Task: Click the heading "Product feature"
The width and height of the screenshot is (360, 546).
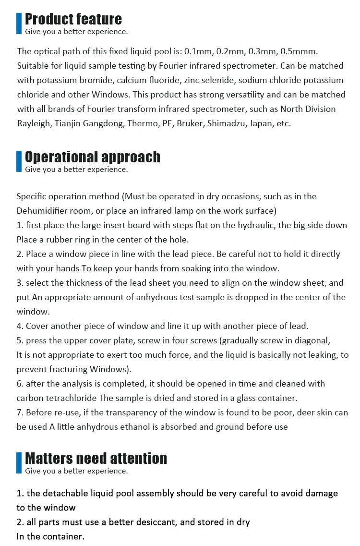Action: click(x=73, y=19)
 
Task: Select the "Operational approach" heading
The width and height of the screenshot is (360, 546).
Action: click(x=93, y=157)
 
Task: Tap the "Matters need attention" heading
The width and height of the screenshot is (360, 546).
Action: click(x=96, y=458)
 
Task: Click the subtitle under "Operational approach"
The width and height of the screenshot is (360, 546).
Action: click(x=76, y=169)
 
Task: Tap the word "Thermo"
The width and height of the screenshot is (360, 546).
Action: click(x=143, y=123)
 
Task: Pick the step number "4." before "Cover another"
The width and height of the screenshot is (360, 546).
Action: click(x=20, y=326)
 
